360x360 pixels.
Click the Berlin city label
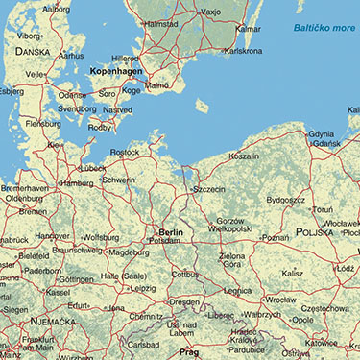click(x=171, y=232)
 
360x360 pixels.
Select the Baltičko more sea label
click(x=325, y=31)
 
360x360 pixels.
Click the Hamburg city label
click(x=76, y=182)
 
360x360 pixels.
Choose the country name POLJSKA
click(x=319, y=232)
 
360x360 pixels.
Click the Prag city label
click(x=188, y=351)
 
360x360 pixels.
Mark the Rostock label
click(x=125, y=152)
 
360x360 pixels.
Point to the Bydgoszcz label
click(x=286, y=200)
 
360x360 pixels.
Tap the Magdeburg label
click(x=129, y=252)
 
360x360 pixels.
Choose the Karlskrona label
click(x=243, y=50)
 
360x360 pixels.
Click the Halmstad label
click(x=160, y=23)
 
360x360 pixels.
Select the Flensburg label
click(x=41, y=124)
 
